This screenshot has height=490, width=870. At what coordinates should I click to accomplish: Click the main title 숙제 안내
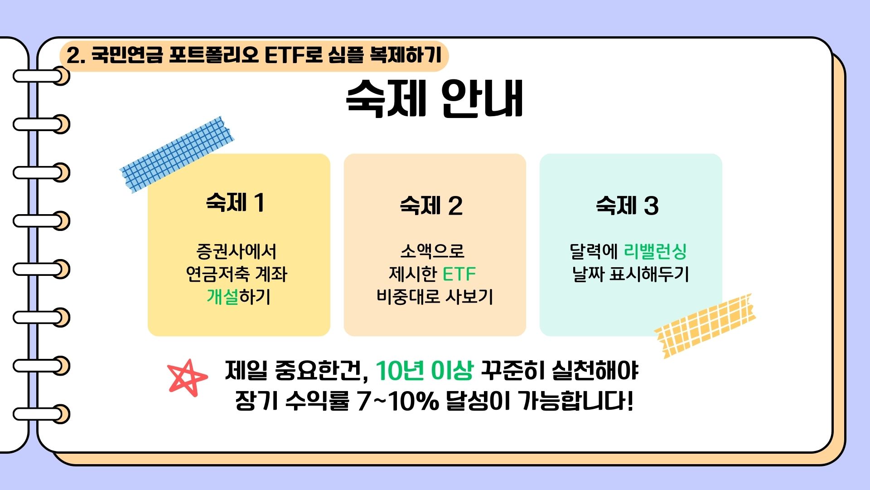point(435,98)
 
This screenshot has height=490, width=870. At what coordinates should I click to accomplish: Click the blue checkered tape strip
point(177,154)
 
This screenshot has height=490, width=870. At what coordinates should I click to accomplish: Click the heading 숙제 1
point(235,202)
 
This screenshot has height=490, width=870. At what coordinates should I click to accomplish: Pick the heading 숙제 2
point(431,205)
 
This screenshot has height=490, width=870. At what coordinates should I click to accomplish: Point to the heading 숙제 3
point(627,205)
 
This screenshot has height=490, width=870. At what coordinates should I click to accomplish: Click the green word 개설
point(222,297)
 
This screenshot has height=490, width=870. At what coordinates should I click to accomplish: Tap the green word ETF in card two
point(459,274)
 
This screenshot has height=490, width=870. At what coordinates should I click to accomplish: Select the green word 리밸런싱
point(655,251)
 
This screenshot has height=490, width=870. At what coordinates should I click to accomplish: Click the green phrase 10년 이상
point(425,370)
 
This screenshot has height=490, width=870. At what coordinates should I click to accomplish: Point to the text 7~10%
point(398,401)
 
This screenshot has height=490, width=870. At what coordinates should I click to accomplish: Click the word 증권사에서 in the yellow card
point(237,251)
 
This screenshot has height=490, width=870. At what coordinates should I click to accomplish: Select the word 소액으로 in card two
point(433,251)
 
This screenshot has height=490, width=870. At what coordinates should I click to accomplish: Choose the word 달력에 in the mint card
point(594,251)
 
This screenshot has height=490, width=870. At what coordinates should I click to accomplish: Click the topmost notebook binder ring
point(42,76)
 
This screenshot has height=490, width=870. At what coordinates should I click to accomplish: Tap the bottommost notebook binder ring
point(42,414)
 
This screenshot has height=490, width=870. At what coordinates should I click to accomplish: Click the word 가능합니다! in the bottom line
point(575,401)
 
